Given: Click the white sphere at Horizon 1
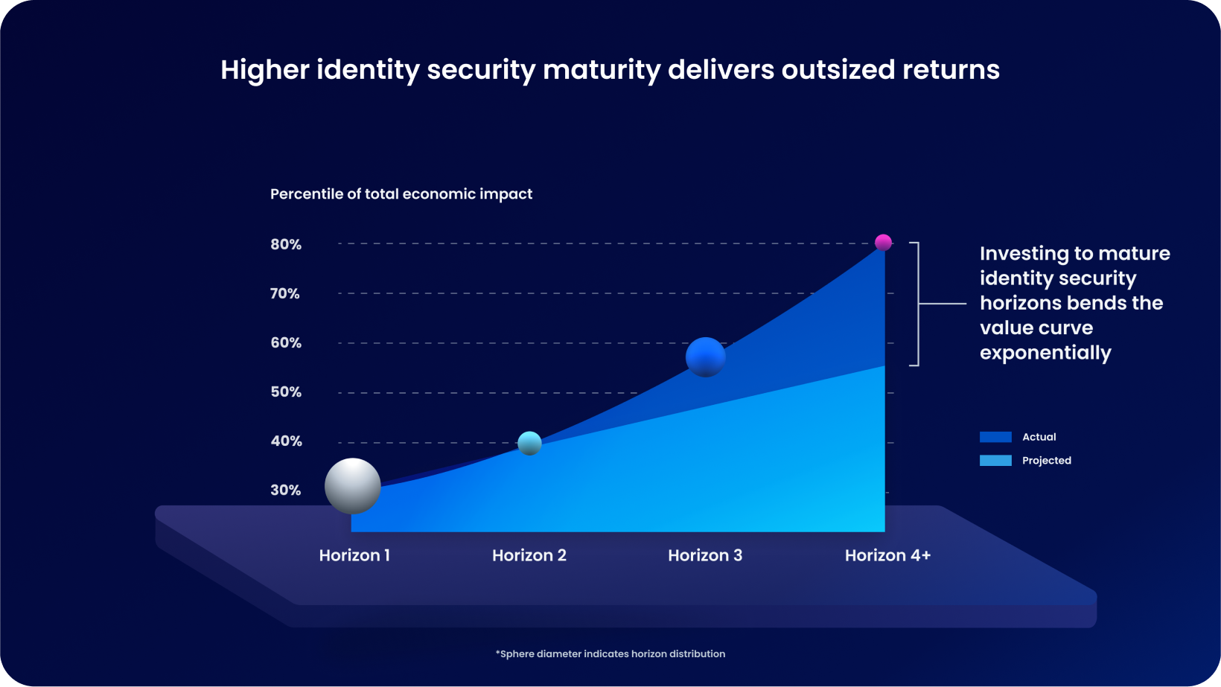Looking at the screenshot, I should (x=353, y=486).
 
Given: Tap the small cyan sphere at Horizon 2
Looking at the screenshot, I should (x=529, y=443).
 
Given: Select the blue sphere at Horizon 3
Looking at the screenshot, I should (x=705, y=357).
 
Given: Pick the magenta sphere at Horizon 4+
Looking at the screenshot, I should (x=883, y=243).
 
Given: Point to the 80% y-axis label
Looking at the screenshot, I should (x=286, y=245).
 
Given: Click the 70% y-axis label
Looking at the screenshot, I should (x=285, y=294).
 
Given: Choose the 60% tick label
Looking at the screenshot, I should (x=286, y=343).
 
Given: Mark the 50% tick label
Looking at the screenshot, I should (x=286, y=392).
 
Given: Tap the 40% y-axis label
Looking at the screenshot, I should (x=286, y=441).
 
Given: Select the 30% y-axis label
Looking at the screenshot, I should (x=286, y=491).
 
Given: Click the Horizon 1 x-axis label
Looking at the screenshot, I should (x=354, y=555).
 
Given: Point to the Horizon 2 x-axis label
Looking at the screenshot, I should (x=529, y=555).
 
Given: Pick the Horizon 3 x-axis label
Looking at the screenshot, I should (x=705, y=555).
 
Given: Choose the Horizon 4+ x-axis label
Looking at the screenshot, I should (x=887, y=555).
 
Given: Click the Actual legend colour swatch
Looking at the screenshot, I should (x=995, y=437).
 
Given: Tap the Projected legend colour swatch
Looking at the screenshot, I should (x=995, y=461).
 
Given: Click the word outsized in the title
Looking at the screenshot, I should (x=838, y=70).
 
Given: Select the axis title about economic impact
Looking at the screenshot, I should (x=401, y=194).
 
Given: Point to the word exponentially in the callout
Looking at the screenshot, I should (x=1045, y=353).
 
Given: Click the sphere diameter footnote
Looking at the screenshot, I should (x=610, y=654).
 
